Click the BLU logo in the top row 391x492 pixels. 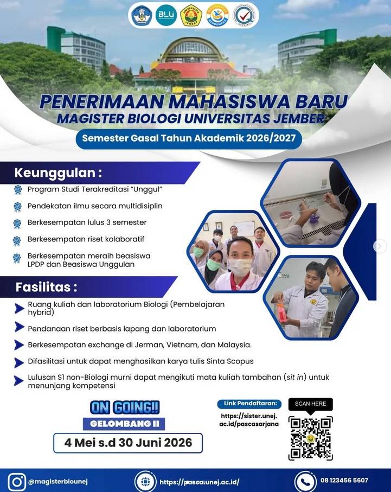point(166,15)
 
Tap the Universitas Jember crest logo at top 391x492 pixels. point(191,15)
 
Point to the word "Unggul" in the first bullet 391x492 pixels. point(146,189)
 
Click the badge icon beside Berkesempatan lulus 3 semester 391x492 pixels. point(17,223)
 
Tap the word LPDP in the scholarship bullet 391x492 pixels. point(36,264)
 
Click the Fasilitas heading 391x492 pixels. point(46,287)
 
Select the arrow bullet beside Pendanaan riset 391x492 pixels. point(19,327)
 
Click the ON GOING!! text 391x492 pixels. point(125,407)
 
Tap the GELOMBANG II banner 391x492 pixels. point(124,424)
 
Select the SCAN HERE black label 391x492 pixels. point(310,404)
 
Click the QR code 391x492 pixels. point(310,438)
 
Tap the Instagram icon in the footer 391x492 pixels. point(17,482)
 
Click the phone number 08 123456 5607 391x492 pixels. point(344,481)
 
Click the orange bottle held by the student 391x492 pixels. point(280,312)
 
